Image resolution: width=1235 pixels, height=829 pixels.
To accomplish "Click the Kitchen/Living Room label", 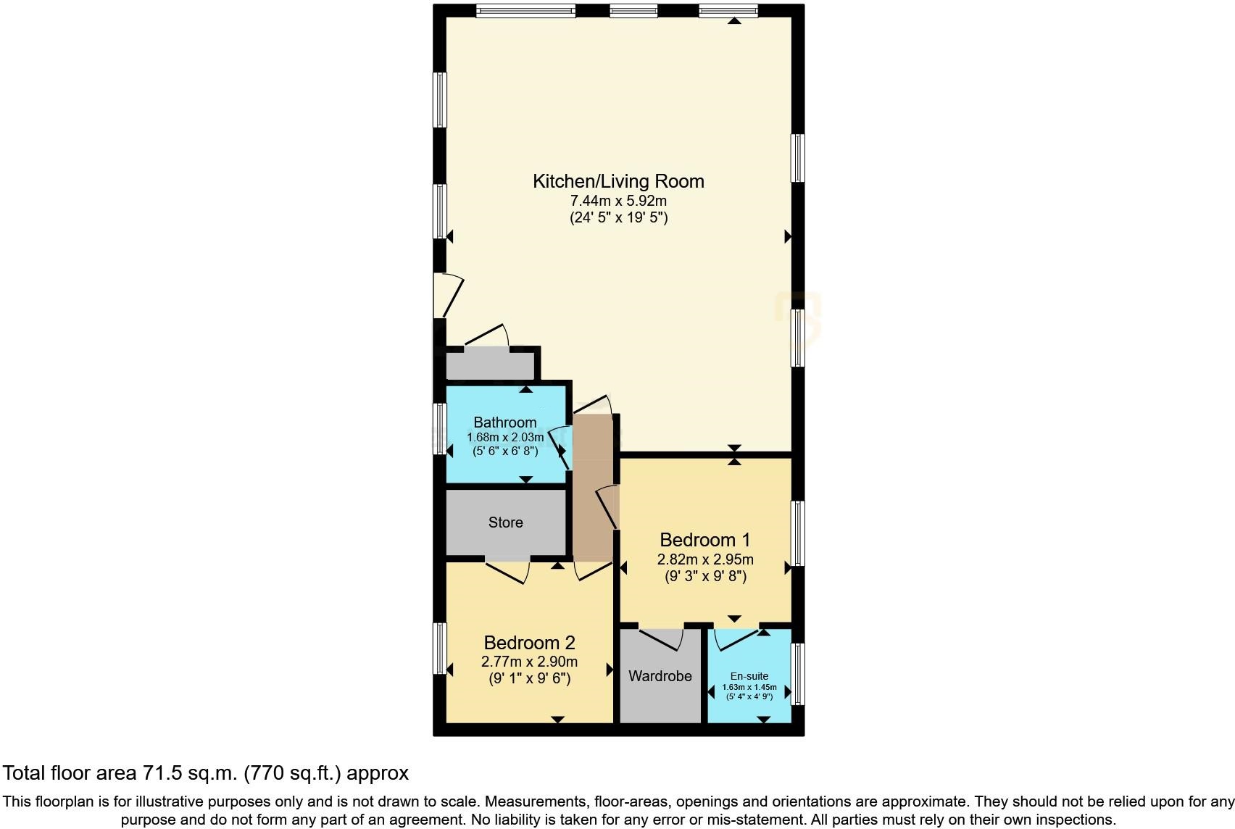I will click(x=618, y=181).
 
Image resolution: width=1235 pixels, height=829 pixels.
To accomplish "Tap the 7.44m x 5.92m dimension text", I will click(x=618, y=201).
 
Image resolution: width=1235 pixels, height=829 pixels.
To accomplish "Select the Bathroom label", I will click(x=505, y=422).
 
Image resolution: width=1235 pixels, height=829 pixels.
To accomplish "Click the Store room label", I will click(x=505, y=522).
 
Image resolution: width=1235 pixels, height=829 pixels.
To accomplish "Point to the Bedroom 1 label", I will click(x=704, y=540).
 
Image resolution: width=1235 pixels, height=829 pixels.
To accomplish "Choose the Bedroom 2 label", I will click(x=529, y=643).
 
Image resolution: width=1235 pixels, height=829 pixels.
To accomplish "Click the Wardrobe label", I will click(x=660, y=676).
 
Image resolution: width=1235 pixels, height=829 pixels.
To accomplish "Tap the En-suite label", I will click(x=749, y=676).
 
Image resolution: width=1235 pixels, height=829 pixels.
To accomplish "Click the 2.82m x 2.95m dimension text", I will click(x=704, y=559).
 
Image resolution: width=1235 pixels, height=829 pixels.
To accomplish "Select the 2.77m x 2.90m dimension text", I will click(x=529, y=662).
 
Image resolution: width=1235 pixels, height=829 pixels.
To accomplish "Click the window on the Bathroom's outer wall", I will click(x=439, y=428).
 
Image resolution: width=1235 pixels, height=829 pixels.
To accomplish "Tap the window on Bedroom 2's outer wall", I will click(x=439, y=648).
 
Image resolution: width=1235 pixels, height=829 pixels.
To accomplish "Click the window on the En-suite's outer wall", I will click(x=797, y=674).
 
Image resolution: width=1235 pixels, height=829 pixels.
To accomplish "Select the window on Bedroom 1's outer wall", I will click(x=797, y=533).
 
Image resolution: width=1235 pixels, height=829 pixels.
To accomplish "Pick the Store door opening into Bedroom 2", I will click(x=507, y=571).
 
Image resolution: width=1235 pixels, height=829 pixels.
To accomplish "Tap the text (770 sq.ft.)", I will click(x=293, y=773).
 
